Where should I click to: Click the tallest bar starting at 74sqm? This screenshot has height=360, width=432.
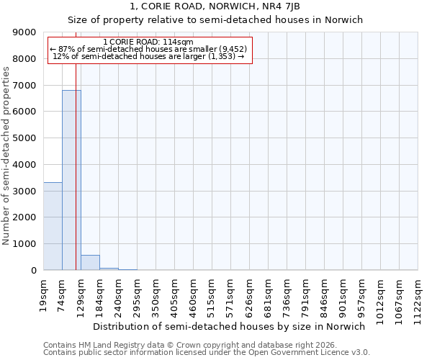point(71,180)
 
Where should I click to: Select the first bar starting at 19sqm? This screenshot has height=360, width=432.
point(53,226)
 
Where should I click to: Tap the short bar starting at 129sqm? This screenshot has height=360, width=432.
point(90,263)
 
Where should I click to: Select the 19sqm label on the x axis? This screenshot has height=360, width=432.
point(43,292)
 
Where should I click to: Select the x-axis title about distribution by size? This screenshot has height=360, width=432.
point(230,326)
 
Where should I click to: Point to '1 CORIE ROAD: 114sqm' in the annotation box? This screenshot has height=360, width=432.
point(148,42)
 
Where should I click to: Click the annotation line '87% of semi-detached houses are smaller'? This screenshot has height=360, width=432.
point(148,49)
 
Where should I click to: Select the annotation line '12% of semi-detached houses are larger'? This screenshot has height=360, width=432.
point(148,56)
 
